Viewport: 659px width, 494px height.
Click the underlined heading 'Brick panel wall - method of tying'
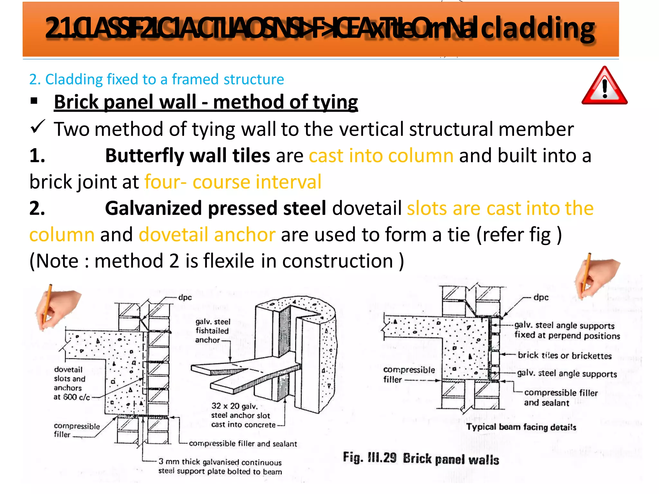tap(206, 102)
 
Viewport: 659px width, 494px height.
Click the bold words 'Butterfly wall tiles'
tap(187, 156)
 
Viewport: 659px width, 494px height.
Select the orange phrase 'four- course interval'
tap(233, 182)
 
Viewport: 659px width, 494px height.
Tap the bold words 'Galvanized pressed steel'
tap(215, 208)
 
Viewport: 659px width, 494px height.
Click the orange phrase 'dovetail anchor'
tap(207, 234)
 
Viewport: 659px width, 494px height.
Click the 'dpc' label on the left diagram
tap(185, 297)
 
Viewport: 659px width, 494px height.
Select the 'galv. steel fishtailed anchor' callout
tap(212, 331)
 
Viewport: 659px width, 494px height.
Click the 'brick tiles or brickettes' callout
tap(564, 355)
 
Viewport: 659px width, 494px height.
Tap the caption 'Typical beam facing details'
tap(521, 427)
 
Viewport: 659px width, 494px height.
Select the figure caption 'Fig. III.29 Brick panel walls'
tap(421, 458)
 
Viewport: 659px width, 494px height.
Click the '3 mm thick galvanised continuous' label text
tap(220, 462)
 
